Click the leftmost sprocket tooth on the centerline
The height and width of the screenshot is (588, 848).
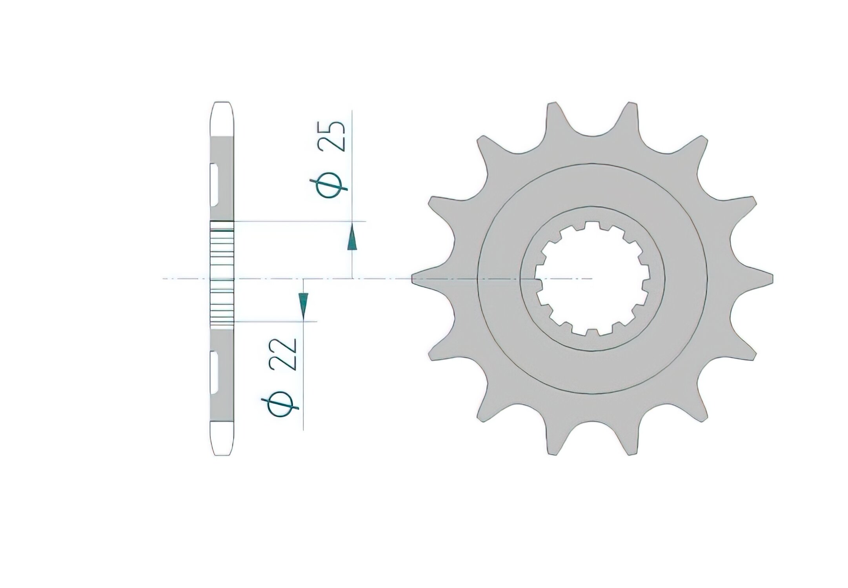coord(424,278)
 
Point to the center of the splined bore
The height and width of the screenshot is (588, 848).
coord(593,278)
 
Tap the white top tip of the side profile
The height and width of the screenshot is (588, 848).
coord(222,118)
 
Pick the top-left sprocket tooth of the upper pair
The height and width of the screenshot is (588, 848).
coord(554,118)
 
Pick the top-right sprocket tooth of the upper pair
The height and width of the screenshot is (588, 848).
coord(631,118)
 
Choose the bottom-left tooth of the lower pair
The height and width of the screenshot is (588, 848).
coord(554,439)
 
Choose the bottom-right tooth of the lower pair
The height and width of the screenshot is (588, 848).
coord(631,439)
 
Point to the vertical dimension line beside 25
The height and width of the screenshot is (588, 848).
coord(353,165)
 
